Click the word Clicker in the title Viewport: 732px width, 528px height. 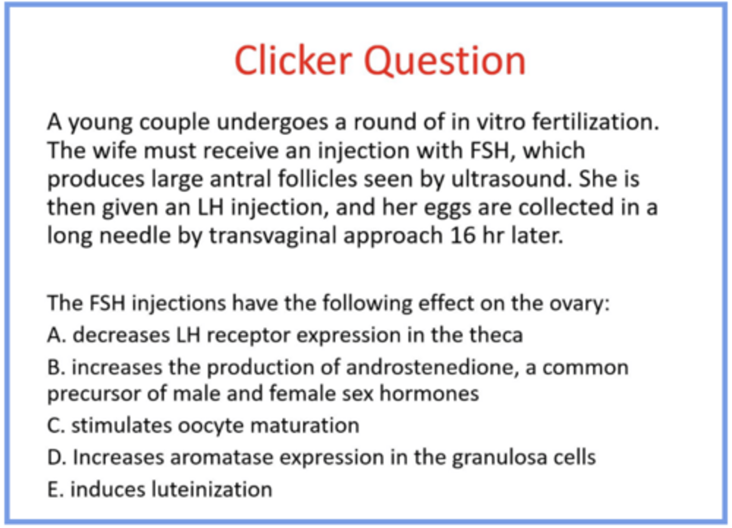293,60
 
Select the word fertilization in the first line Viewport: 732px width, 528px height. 595,122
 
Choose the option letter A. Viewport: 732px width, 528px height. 55,335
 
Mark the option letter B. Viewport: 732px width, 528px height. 55,367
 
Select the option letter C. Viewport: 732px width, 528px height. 55,426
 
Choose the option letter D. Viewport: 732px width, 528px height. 55,458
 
